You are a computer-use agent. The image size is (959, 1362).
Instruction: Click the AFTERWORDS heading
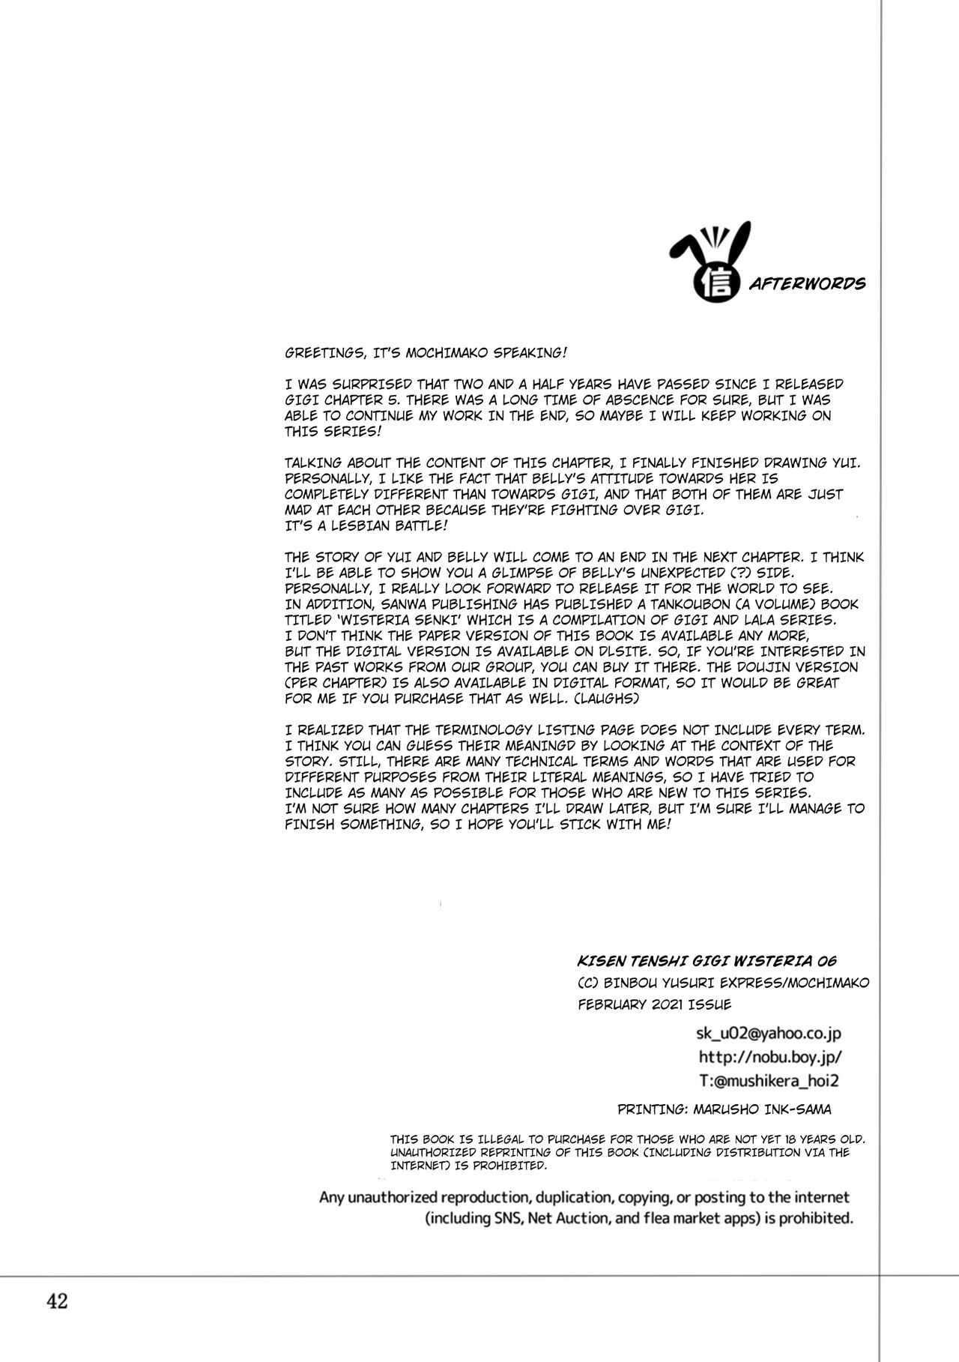[802, 283]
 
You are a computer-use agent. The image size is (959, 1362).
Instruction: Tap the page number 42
[57, 1301]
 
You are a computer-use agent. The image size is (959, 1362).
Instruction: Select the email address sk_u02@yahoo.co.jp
[769, 1033]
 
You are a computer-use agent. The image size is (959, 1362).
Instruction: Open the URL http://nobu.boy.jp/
[770, 1057]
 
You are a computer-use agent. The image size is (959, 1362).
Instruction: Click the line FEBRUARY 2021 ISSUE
[654, 1004]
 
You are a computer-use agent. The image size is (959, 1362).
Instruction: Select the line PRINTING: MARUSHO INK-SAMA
[724, 1109]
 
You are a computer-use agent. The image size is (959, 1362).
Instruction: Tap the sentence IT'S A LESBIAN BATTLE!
[367, 525]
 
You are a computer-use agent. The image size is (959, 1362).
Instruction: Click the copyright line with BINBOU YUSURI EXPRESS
[724, 983]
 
